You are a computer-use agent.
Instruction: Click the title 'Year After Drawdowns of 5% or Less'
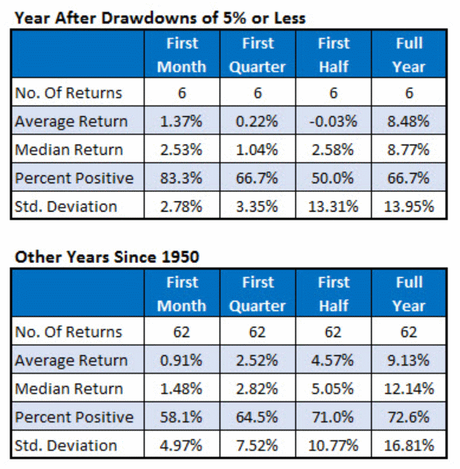160,18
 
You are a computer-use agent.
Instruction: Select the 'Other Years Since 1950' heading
107,257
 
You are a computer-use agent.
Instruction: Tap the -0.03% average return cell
333,122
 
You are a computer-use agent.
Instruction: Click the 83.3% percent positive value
181,178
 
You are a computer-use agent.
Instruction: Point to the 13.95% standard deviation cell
409,207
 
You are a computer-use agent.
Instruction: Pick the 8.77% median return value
409,149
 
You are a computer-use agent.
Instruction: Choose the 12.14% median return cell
409,388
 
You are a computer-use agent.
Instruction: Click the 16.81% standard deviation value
409,445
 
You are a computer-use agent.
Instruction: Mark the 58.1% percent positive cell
181,417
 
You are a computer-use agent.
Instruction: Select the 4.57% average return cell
333,360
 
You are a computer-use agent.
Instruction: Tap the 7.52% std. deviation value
257,445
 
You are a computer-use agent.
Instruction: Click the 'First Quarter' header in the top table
258,54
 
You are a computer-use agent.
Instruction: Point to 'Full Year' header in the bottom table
409,294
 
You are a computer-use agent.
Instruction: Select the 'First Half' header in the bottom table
334,294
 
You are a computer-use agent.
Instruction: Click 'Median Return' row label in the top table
69,149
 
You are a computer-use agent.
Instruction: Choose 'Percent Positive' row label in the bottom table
74,417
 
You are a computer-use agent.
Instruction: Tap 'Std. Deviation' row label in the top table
65,207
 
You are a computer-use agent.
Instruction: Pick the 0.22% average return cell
257,122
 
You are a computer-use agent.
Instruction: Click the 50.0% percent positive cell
333,178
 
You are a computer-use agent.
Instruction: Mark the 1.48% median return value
181,388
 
